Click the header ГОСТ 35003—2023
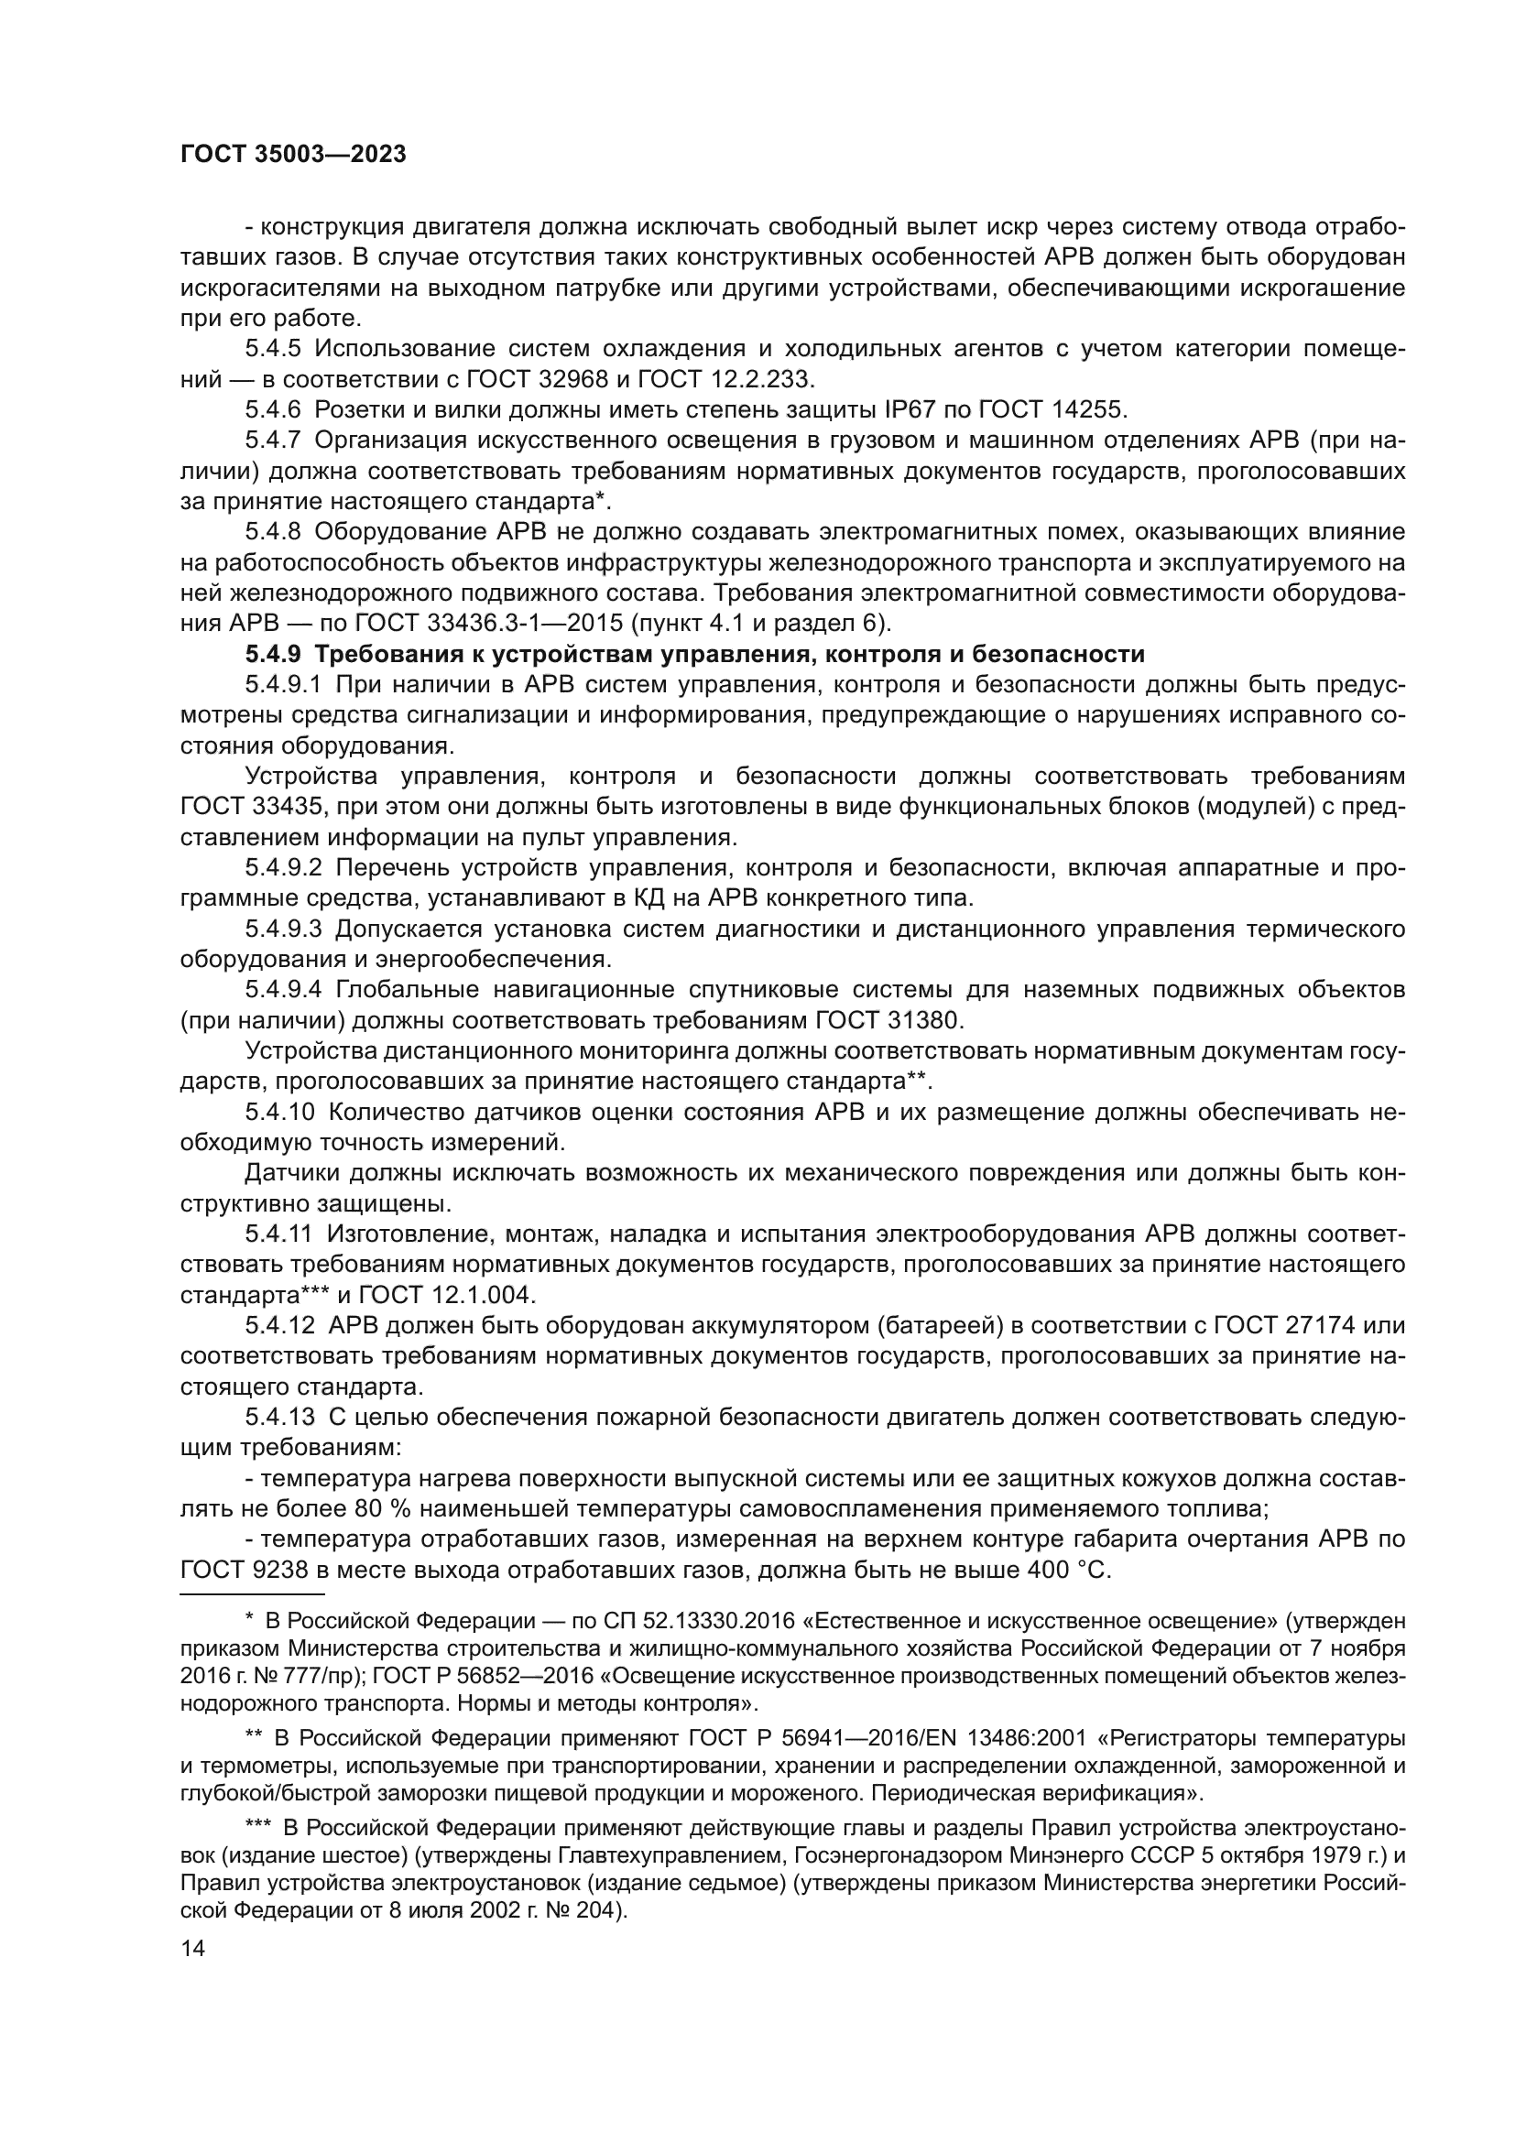point(293,155)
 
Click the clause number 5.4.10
point(279,1112)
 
